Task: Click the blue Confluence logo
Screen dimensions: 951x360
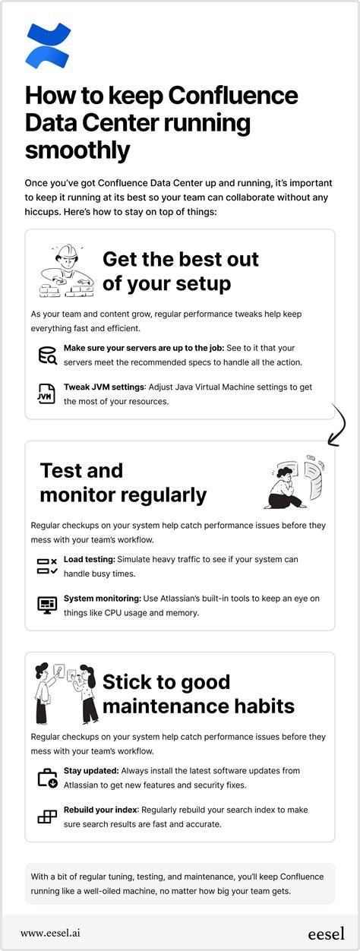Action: [x=47, y=45]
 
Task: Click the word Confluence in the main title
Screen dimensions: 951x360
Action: [x=233, y=96]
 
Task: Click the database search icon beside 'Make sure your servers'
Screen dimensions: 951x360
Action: [x=47, y=355]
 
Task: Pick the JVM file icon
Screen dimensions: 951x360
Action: [x=47, y=393]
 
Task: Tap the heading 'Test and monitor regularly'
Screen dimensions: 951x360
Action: [x=123, y=482]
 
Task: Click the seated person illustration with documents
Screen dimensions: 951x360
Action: [x=295, y=482]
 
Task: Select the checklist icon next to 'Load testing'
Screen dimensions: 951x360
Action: [x=47, y=566]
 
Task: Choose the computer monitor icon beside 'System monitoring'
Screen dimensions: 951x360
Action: [x=47, y=605]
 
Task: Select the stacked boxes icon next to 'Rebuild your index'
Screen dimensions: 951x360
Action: [x=47, y=817]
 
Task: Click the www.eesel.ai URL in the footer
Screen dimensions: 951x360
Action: [x=58, y=933]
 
